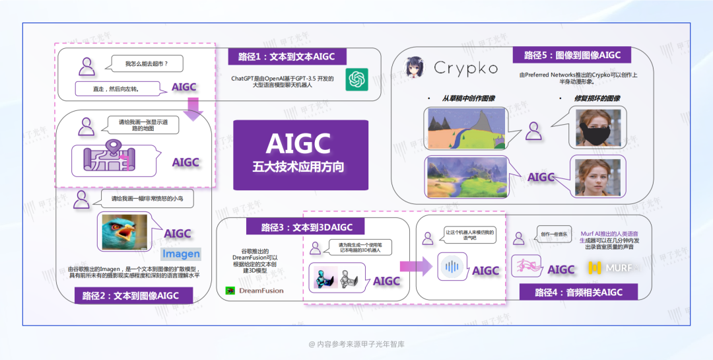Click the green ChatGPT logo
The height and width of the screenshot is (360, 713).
[356, 80]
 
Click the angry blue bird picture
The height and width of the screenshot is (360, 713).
[124, 231]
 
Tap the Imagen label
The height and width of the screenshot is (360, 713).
[181, 254]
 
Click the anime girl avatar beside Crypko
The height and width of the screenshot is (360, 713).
[415, 67]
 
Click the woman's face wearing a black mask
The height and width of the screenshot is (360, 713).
[597, 126]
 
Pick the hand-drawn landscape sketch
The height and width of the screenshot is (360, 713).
[466, 127]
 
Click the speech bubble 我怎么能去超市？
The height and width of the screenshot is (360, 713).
[151, 65]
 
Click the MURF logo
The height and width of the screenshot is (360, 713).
[613, 268]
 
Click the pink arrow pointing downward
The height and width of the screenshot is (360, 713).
[193, 108]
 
